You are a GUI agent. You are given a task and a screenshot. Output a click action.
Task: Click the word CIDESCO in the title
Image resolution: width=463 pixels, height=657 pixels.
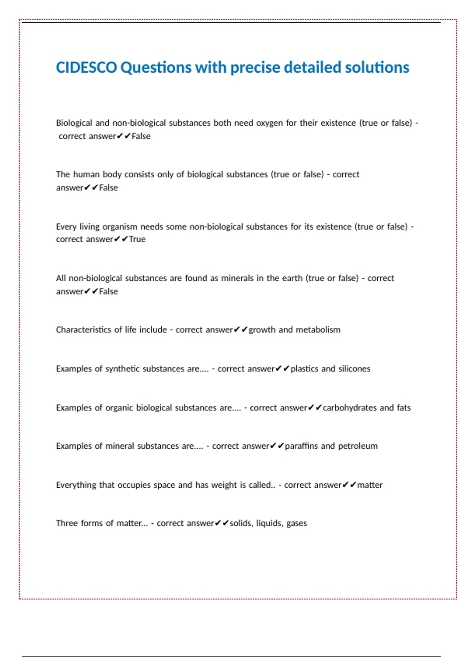[86, 68]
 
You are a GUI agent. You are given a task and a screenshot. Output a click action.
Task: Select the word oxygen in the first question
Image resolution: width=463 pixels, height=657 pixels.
[270, 123]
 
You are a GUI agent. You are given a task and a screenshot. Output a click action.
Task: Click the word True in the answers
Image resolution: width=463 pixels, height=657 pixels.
[137, 239]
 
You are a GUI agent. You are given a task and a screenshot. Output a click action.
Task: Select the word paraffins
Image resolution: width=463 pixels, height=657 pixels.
[301, 446]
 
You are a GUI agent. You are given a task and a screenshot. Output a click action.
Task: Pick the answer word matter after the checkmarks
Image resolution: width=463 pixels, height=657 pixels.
[370, 485]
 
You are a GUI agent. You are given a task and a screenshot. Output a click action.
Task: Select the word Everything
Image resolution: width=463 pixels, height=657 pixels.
[76, 485]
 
